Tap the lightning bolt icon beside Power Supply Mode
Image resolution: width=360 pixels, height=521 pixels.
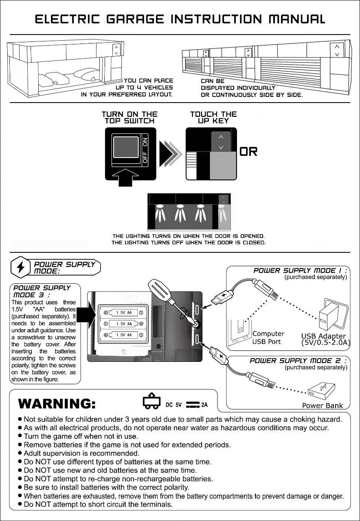pos(20,267)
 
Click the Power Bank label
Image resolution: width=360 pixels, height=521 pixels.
pos(322,405)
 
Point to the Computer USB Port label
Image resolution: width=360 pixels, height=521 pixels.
pos(268,337)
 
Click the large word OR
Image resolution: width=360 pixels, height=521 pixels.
pos(248,152)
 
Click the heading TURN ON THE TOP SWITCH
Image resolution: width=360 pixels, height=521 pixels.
pos(129,117)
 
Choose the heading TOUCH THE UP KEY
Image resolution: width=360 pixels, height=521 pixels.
pos(213,117)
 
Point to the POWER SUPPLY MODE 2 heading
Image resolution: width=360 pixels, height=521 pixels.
pos(298,361)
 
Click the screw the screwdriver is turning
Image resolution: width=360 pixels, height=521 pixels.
pos(195,324)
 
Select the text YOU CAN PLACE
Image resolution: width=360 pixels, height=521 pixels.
pos(148,81)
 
